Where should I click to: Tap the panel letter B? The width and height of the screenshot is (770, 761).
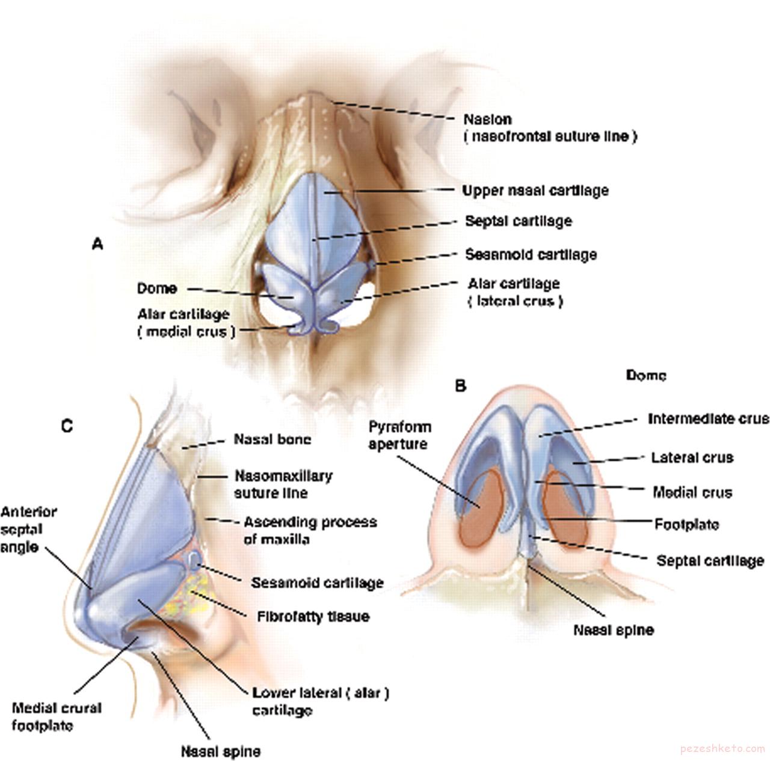pyautogui.click(x=460, y=386)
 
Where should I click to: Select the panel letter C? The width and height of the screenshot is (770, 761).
pyautogui.click(x=67, y=426)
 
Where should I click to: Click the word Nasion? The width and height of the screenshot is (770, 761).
pyautogui.click(x=487, y=119)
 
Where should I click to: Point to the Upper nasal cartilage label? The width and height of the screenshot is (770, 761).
pyautogui.click(x=535, y=191)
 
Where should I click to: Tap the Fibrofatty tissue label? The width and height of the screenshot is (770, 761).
pyautogui.click(x=313, y=616)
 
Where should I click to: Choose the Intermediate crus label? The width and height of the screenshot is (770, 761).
pyautogui.click(x=708, y=418)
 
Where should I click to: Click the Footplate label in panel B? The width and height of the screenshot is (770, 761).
pyautogui.click(x=686, y=525)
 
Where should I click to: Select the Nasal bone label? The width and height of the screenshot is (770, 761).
pyautogui.click(x=273, y=439)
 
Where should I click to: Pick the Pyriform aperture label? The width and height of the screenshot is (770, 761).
pyautogui.click(x=399, y=436)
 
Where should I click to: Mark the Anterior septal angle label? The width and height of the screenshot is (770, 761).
pyautogui.click(x=28, y=529)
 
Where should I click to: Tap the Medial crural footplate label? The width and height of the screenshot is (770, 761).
pyautogui.click(x=57, y=717)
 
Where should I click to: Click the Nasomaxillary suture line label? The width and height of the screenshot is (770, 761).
pyautogui.click(x=283, y=484)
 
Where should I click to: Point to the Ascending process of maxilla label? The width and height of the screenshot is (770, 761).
pyautogui.click(x=310, y=530)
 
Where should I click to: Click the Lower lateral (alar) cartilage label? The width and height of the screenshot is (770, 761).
pyautogui.click(x=321, y=701)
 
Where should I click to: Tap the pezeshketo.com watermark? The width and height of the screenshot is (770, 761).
pyautogui.click(x=722, y=749)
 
